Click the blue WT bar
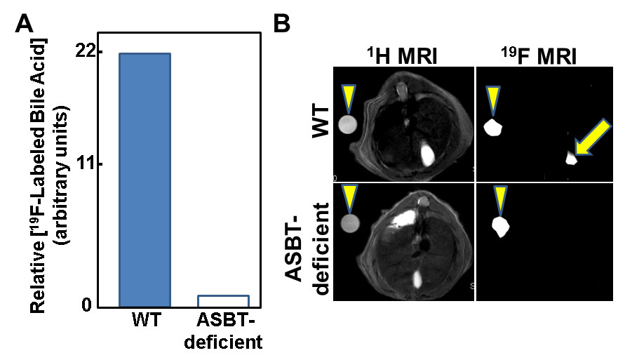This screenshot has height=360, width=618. point(145,180)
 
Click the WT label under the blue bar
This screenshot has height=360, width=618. point(145,324)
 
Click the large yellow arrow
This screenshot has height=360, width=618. point(588,144)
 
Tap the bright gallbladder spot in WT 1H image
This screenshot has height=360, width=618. point(425,153)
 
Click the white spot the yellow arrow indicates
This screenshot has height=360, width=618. point(571,159)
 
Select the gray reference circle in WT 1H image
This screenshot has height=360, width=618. point(347,125)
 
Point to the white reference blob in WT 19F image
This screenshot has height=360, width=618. point(495,128)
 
